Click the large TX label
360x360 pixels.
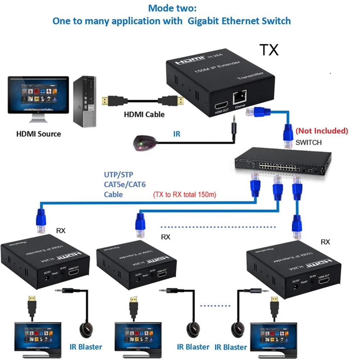pos(269,50)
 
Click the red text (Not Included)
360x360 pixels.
pos(322,131)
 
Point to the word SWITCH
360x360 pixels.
pos(309,143)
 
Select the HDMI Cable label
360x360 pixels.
pos(144,114)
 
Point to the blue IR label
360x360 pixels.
pos(176,134)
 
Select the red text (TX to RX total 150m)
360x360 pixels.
pos(184,195)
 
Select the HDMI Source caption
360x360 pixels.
pos(39,134)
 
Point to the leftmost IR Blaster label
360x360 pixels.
pos(86,347)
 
